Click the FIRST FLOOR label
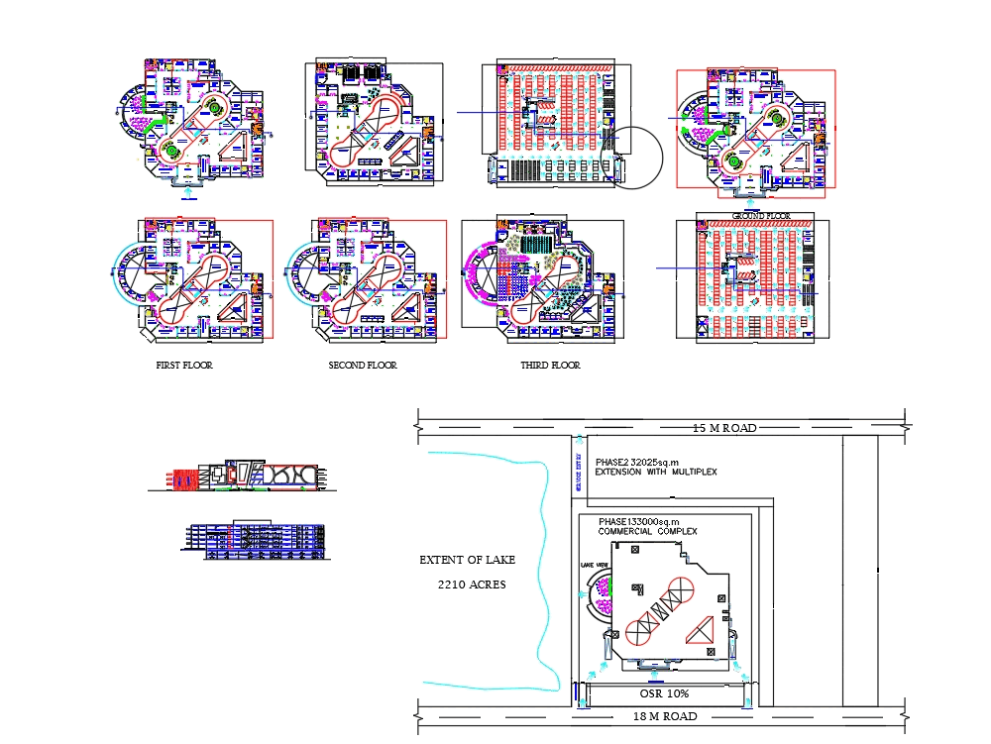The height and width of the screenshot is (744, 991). point(184,366)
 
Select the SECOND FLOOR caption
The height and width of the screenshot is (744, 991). point(363,366)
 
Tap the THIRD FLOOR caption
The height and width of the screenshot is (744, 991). point(550,366)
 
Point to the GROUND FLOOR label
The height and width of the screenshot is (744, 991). point(761,216)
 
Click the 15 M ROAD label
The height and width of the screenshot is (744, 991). point(724,428)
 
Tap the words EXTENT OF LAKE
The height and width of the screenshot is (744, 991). point(467,561)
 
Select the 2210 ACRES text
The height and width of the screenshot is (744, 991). point(472,585)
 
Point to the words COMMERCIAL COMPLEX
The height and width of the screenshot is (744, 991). point(647,532)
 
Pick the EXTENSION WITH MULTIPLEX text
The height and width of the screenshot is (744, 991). point(655,473)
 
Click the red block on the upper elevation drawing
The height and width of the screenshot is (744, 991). point(183,478)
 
